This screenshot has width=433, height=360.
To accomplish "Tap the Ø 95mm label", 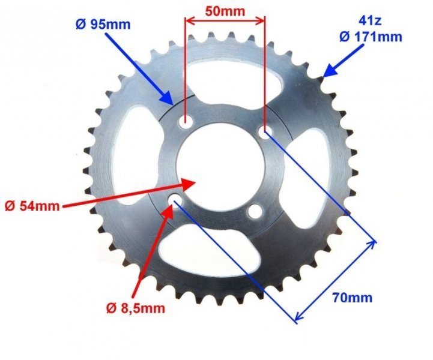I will [101, 25].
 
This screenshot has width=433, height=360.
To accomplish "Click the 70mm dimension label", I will [354, 297].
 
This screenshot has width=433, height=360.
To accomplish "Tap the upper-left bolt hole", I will [185, 124].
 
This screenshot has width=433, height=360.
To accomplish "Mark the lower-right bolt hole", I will [255, 211].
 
